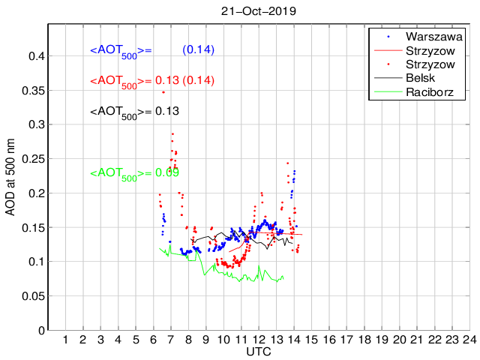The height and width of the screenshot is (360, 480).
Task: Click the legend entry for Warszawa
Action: [x=433, y=36]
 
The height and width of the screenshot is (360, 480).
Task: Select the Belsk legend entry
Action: [x=424, y=79]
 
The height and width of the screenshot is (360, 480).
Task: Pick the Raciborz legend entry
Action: [x=431, y=93]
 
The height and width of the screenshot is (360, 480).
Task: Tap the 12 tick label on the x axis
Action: [x=259, y=339]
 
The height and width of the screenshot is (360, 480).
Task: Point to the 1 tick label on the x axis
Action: [x=65, y=339]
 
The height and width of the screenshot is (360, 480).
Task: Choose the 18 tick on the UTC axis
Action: [x=364, y=339]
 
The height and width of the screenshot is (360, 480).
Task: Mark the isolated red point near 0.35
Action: [x=163, y=91]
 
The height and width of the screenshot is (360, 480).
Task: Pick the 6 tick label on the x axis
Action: [x=154, y=339]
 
